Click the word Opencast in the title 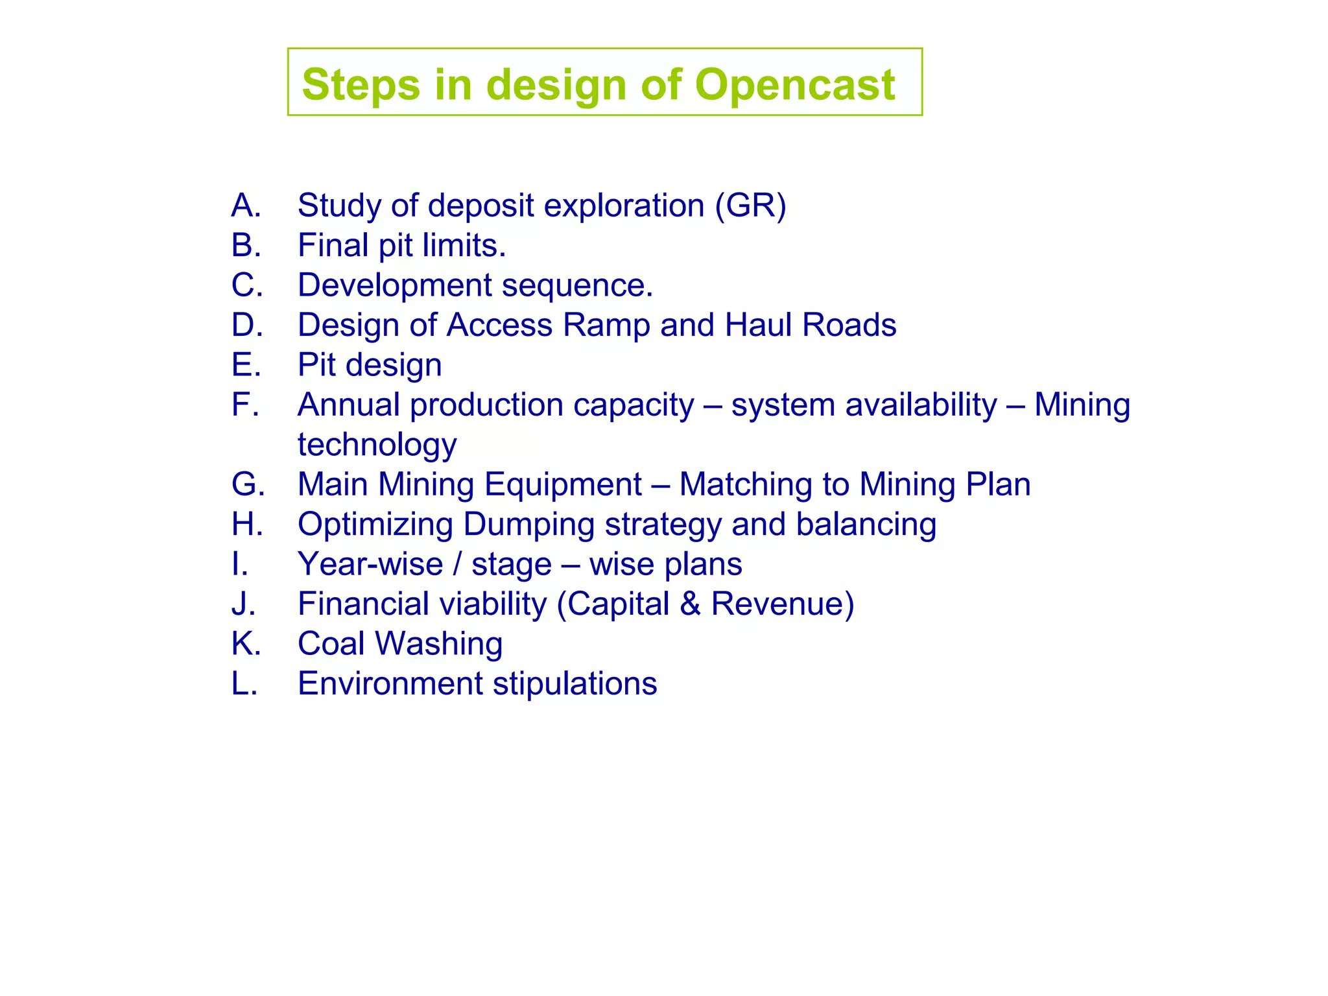click(x=794, y=85)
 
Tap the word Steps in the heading click(x=361, y=85)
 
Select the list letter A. click(x=245, y=206)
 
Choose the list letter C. click(x=246, y=285)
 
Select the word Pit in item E click(x=316, y=365)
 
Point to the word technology click(x=377, y=445)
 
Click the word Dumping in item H click(x=528, y=525)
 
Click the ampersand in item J click(x=690, y=604)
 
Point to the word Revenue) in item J click(x=783, y=604)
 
